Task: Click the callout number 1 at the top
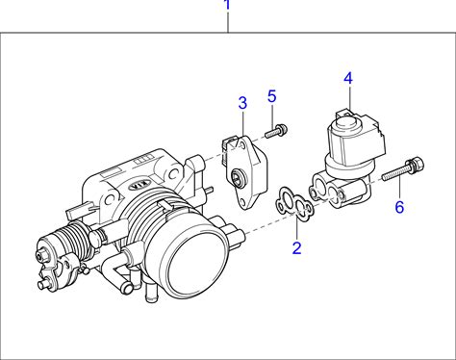[x=227, y=5]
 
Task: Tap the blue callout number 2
[x=297, y=247]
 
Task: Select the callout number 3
[x=242, y=103]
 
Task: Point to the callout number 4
[x=348, y=79]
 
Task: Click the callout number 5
[x=272, y=96]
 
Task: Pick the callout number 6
[x=399, y=207]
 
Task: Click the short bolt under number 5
[x=276, y=131]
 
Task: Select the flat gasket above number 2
[x=295, y=205]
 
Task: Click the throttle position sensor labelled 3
[x=245, y=171]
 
